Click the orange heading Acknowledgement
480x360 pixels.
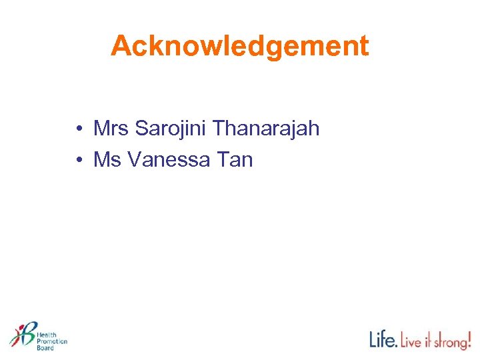239,46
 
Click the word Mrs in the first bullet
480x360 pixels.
111,128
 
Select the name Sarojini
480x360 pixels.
172,128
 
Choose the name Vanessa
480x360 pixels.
170,159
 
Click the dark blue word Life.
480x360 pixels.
383,339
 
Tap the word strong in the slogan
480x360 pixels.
449,341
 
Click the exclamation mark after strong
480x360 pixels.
469,339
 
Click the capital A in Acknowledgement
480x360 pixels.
120,46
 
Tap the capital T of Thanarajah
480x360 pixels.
219,128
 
